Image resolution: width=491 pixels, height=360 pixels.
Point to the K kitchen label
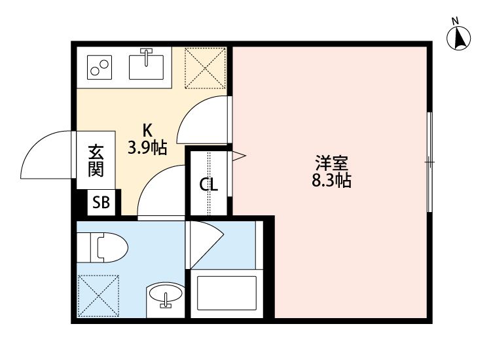(148, 130)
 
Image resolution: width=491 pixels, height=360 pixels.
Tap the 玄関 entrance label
(96, 161)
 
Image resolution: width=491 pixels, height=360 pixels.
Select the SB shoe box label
(101, 202)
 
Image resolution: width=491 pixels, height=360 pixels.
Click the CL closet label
(208, 185)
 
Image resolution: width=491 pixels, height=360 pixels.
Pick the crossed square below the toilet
(98, 296)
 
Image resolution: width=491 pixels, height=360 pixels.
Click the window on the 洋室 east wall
(429, 162)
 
